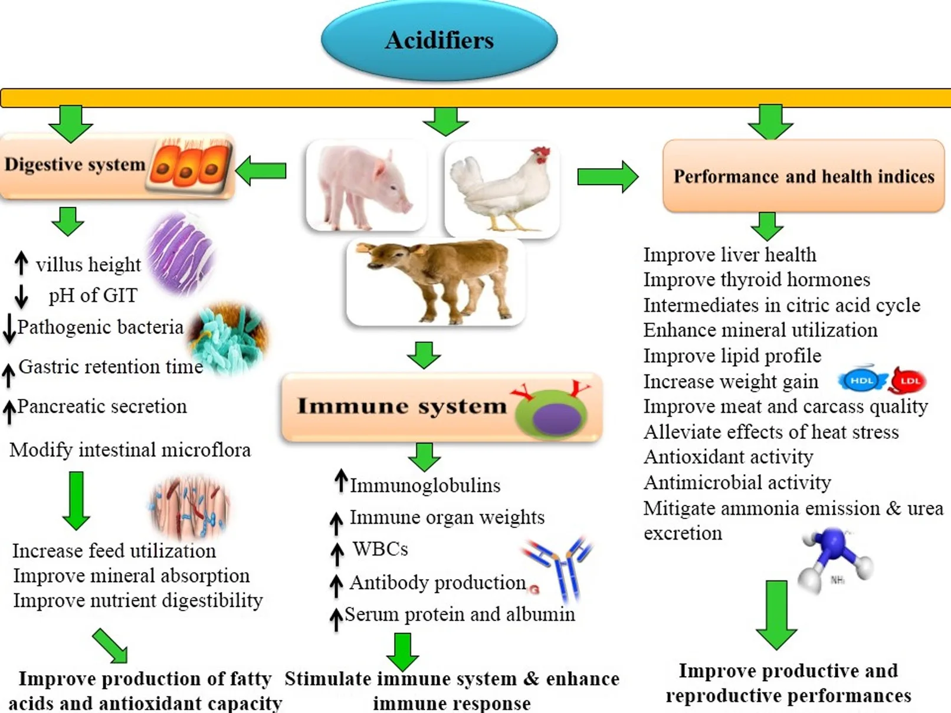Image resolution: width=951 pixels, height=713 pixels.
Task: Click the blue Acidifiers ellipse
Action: pos(439,40)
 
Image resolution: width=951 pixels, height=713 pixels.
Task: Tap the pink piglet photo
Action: pos(366,184)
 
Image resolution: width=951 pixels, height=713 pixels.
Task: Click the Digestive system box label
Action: pos(75,165)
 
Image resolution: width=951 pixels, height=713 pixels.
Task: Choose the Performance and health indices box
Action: pos(803,176)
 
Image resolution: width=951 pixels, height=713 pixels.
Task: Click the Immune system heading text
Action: pos(401,406)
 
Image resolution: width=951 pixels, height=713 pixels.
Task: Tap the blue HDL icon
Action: pos(861,381)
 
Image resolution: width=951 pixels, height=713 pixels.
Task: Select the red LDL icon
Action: pos(909,381)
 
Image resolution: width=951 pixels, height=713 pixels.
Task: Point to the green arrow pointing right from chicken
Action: pos(607,176)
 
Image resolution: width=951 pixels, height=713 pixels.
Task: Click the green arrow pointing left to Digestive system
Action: pos(261,171)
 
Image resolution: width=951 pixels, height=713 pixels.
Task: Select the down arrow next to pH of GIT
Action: pos(21,296)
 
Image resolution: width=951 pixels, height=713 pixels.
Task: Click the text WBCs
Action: pos(381,549)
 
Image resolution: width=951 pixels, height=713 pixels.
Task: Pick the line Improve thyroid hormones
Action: pos(756,280)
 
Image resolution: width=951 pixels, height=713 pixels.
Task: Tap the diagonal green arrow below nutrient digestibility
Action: pos(110,645)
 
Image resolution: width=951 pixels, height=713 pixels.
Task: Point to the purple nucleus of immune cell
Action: pos(557,416)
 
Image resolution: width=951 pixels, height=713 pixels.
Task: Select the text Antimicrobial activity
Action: pos(737,482)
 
